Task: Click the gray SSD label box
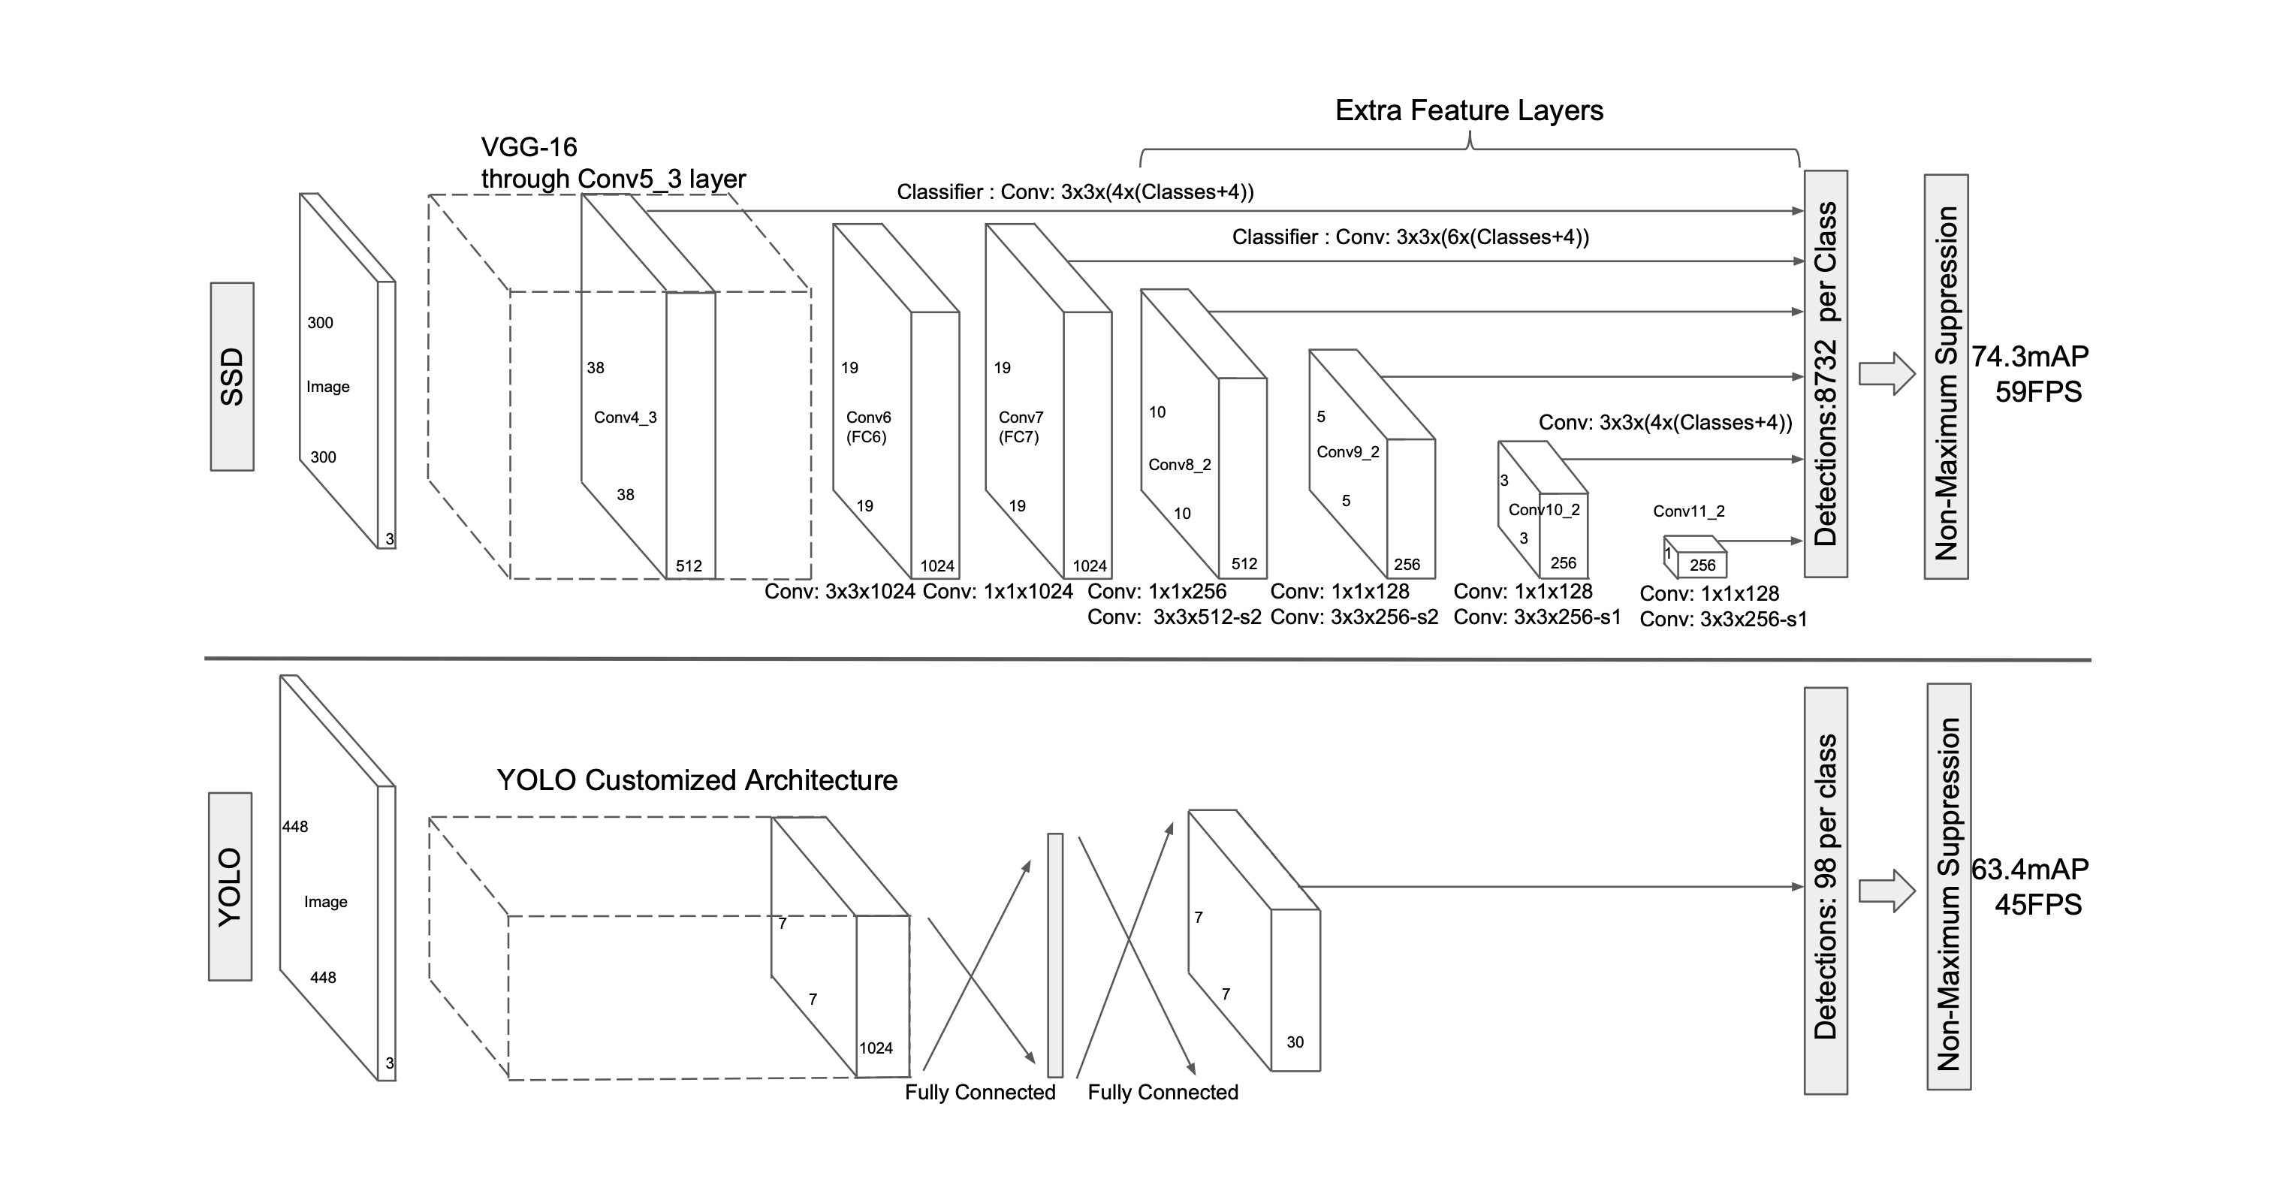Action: [x=231, y=376]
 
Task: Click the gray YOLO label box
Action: [x=230, y=885]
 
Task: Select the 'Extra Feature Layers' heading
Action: [x=1468, y=110]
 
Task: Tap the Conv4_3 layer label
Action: [x=625, y=418]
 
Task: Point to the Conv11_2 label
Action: [x=1688, y=511]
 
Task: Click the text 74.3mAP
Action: [x=2029, y=356]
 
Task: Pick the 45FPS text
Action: [x=2037, y=905]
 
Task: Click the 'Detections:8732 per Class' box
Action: [x=1826, y=373]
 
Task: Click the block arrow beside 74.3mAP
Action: [x=1886, y=374]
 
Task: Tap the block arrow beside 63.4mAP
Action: [x=1886, y=890]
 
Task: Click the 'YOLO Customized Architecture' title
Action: [x=696, y=780]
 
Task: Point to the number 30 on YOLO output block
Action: [x=1295, y=1042]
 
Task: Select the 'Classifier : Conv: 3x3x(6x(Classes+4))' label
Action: [x=1410, y=237]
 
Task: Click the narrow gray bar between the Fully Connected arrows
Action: [x=1054, y=954]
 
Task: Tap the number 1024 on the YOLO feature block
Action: [x=875, y=1048]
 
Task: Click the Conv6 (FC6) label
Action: [x=867, y=426]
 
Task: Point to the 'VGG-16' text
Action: [x=529, y=146]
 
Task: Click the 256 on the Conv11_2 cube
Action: [x=1702, y=565]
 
